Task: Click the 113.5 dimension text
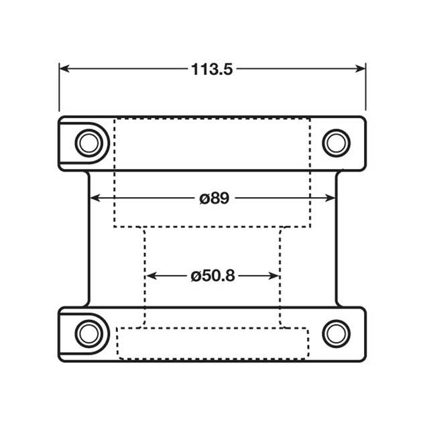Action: click(x=212, y=68)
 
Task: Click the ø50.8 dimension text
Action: click(x=212, y=275)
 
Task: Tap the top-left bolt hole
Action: click(x=86, y=143)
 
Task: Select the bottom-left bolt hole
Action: click(x=86, y=333)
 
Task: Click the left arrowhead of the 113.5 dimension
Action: click(x=64, y=68)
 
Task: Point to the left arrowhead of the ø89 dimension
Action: click(x=95, y=198)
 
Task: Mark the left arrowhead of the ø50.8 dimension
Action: click(x=151, y=275)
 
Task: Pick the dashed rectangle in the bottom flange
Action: click(x=212, y=343)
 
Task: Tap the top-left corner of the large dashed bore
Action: click(x=114, y=119)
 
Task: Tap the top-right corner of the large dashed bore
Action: click(x=310, y=119)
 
